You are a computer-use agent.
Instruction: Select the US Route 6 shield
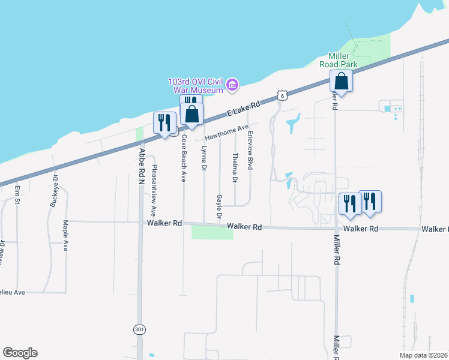(283, 95)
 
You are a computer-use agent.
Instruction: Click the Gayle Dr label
(220, 207)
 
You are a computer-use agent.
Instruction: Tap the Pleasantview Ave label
(154, 190)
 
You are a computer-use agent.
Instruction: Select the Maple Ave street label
(65, 235)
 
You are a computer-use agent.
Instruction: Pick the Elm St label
(17, 196)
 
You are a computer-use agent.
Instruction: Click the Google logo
(20, 353)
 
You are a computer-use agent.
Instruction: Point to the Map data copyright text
(423, 355)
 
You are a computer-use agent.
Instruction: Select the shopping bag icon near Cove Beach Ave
(192, 113)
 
